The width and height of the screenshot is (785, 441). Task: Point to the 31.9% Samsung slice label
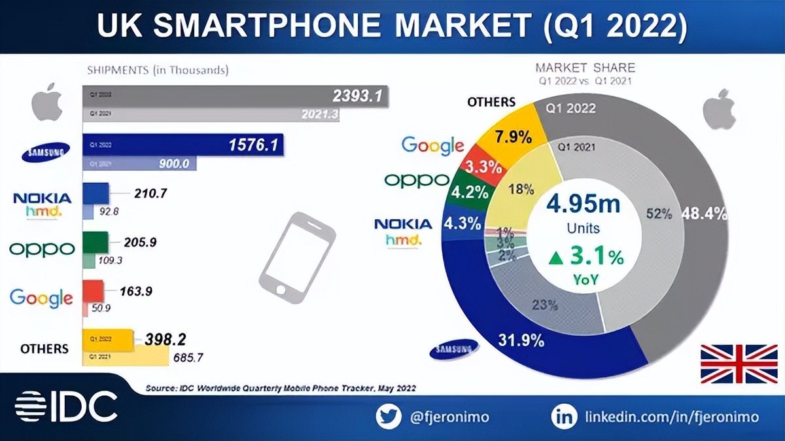tap(522, 340)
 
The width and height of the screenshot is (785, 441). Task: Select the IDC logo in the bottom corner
tap(65, 406)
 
